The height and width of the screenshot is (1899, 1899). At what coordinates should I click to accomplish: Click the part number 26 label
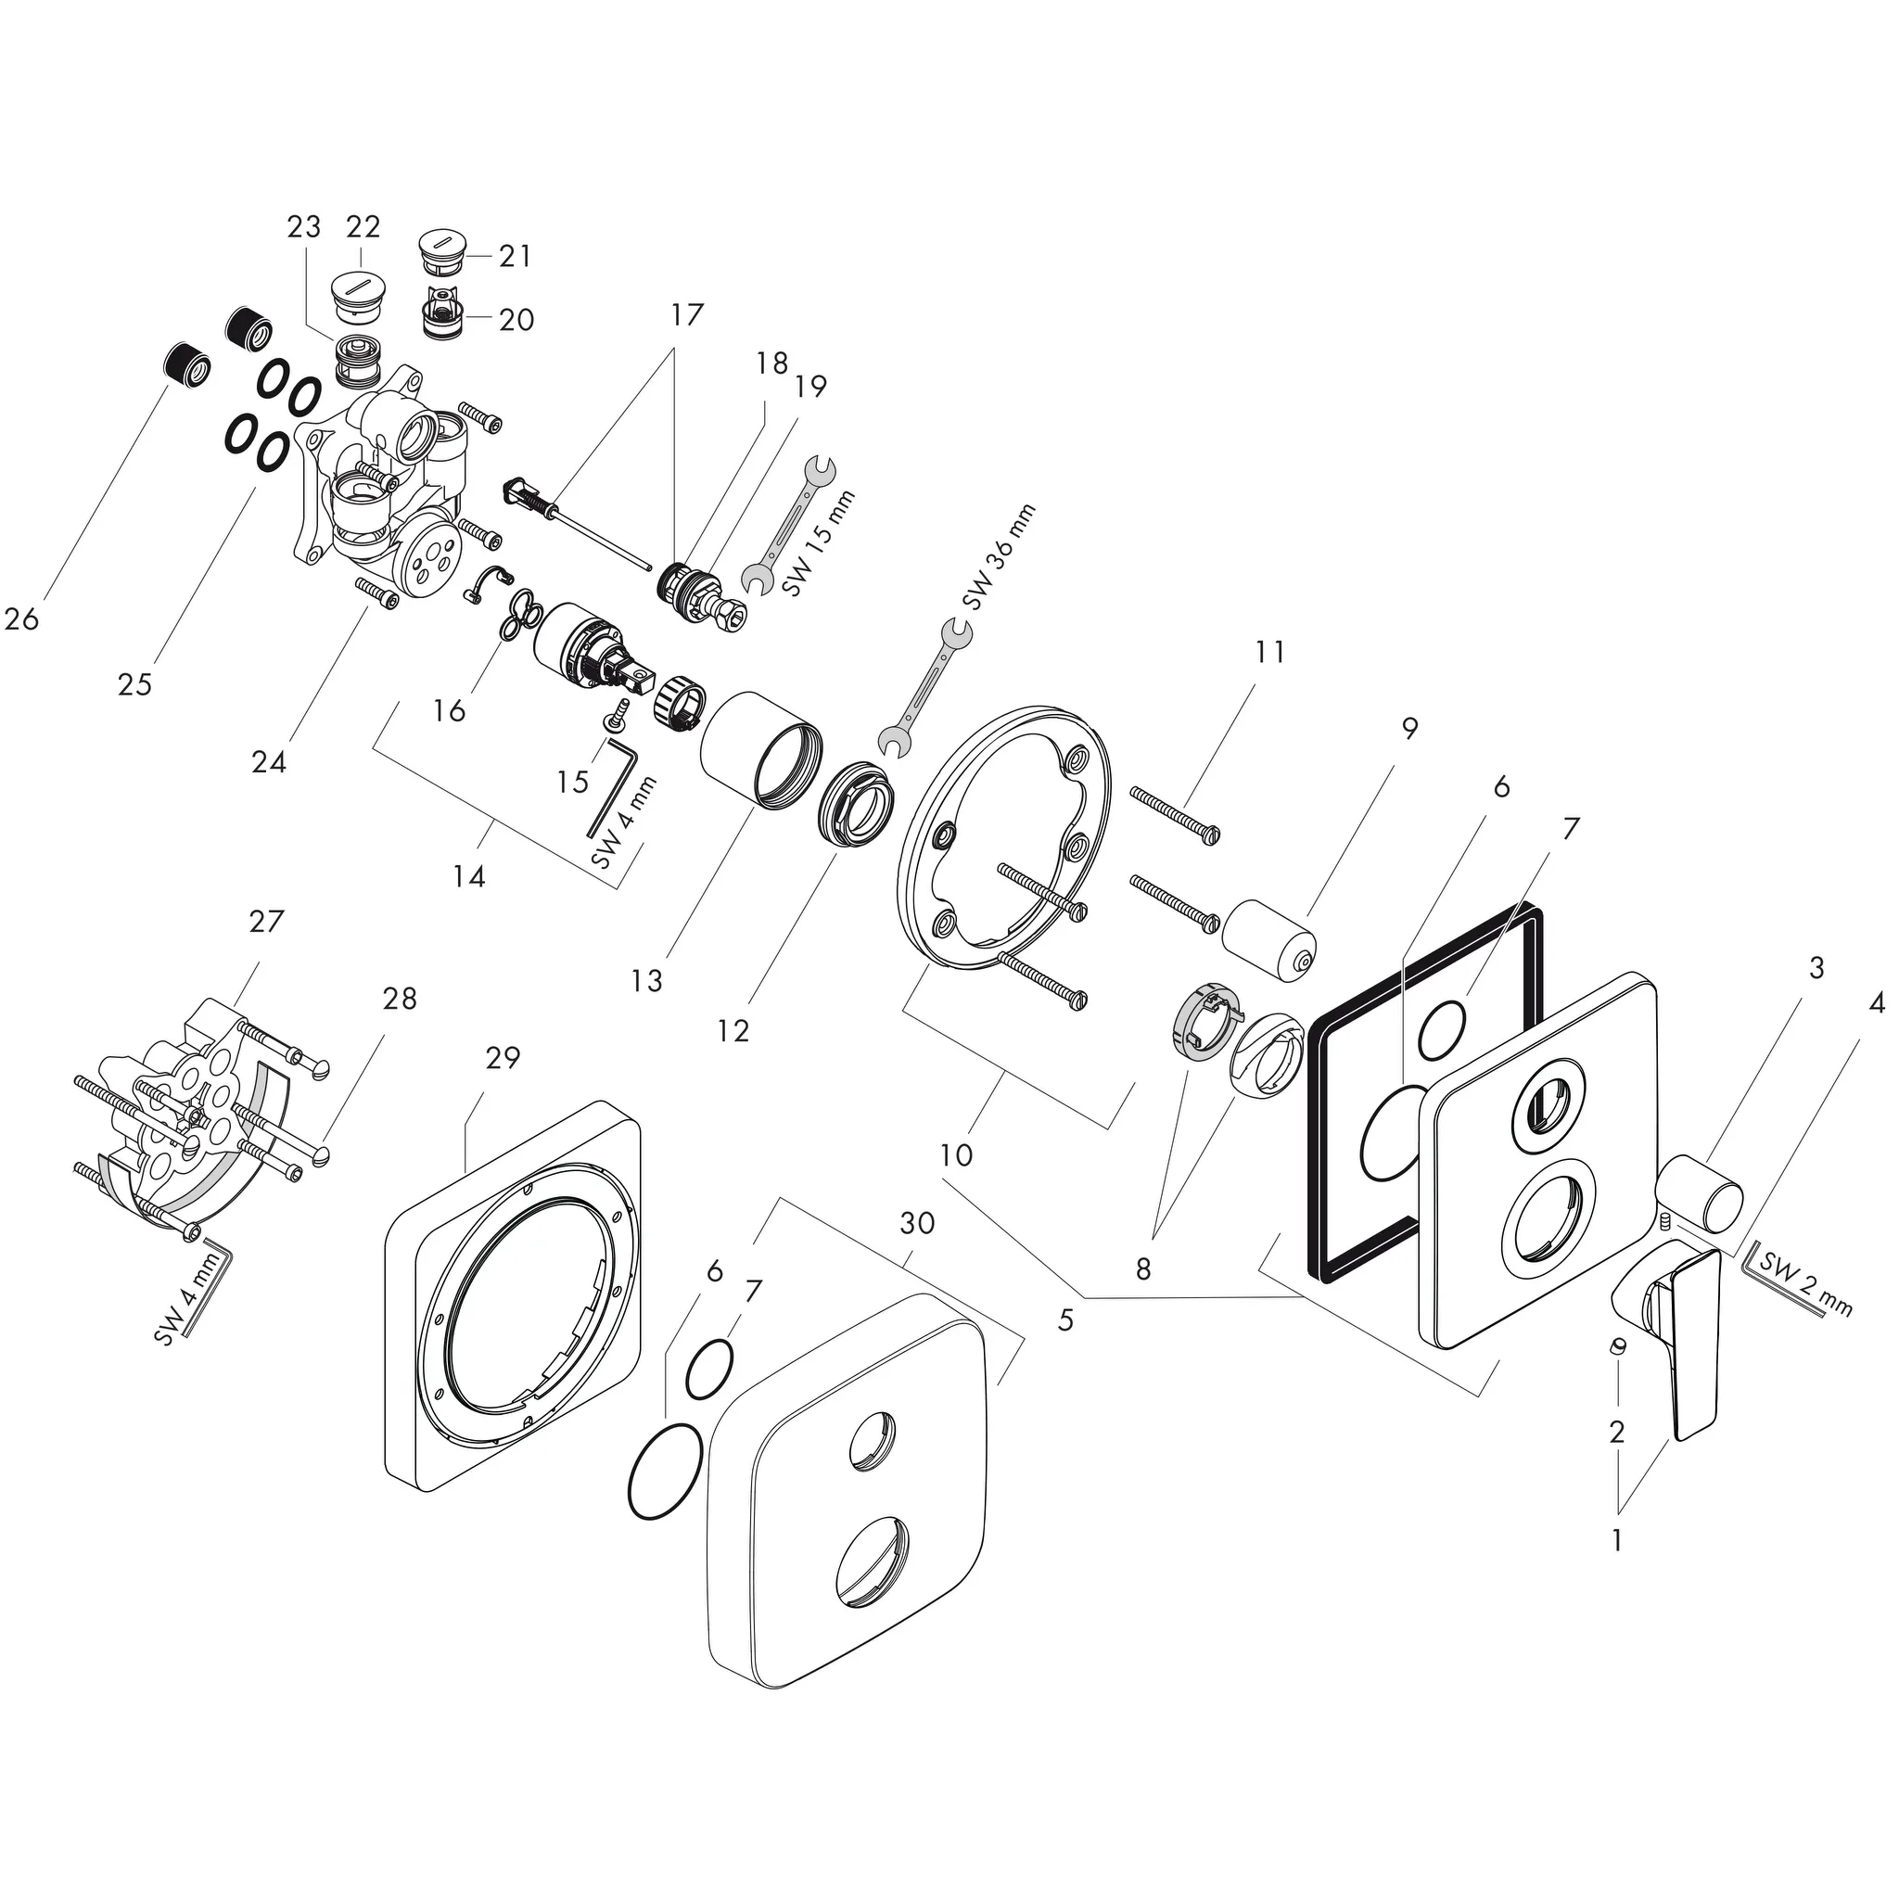tap(21, 618)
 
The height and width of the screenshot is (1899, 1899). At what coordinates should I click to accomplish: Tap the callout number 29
tap(503, 1058)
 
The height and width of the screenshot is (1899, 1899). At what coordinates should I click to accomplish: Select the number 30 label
tap(917, 1223)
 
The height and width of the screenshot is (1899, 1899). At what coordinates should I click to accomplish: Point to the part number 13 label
tap(647, 980)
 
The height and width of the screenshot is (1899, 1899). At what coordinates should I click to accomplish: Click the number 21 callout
tap(515, 257)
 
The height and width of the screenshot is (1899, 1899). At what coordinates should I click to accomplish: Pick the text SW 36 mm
tap(999, 555)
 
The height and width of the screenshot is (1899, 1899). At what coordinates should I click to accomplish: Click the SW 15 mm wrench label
tap(819, 542)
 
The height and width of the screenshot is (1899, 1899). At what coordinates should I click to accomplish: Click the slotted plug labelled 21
tap(443, 252)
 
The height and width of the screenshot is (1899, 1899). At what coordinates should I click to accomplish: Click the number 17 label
tap(688, 314)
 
